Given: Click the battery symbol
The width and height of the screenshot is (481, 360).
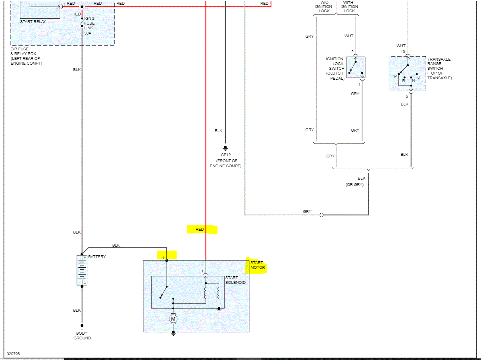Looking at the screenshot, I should click(x=82, y=270).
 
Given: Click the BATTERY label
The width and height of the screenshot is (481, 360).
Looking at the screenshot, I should click(x=97, y=257).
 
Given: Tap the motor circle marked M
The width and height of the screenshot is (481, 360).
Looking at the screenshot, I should click(x=173, y=318).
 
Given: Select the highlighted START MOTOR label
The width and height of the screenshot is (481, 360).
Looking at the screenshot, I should click(x=257, y=265).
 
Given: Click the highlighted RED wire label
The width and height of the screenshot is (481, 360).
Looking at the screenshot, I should click(x=200, y=230).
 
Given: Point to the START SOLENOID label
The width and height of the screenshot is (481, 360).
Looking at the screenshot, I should click(x=235, y=280).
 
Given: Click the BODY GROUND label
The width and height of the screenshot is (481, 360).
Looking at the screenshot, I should click(x=82, y=336).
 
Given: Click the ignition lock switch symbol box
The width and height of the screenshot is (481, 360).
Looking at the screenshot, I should click(x=356, y=67).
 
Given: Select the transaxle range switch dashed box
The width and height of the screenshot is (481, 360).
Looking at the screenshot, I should click(x=408, y=74).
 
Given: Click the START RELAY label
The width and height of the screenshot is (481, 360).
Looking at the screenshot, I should click(x=33, y=21).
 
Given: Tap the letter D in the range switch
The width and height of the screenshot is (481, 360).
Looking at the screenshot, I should click(x=418, y=77).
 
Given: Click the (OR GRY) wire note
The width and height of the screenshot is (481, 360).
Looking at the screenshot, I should click(x=354, y=185).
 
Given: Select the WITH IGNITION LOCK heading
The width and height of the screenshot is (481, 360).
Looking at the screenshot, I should click(x=349, y=7).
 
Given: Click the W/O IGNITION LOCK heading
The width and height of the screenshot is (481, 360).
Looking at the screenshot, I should click(x=323, y=7).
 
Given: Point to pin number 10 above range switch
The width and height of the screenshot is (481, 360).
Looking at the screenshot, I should click(x=403, y=52).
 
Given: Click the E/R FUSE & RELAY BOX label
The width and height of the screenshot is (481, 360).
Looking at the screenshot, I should click(x=26, y=56).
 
